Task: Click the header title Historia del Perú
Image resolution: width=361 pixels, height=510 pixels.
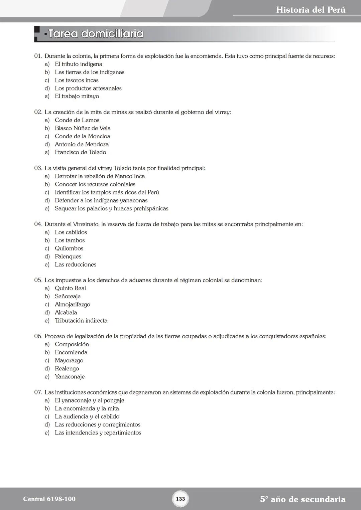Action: [x=311, y=10]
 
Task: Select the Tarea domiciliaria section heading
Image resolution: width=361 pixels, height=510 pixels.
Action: [x=96, y=34]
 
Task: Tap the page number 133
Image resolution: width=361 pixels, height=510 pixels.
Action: [x=180, y=499]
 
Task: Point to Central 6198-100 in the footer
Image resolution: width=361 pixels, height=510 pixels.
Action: [x=49, y=499]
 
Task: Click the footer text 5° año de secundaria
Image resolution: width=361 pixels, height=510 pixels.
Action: [x=303, y=499]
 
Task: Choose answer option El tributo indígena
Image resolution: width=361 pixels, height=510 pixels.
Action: [x=79, y=64]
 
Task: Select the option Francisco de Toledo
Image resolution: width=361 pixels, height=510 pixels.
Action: [x=80, y=152]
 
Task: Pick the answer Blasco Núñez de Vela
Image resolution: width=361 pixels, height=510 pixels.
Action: [x=83, y=128]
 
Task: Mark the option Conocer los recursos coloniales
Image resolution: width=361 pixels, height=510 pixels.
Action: [x=95, y=184]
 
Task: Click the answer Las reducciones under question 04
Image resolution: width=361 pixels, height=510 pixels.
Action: [x=76, y=265]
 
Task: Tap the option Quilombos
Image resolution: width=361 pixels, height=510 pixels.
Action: [x=69, y=248]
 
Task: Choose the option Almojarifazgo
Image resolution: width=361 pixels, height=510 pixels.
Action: [x=73, y=305]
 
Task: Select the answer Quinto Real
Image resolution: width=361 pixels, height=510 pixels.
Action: [x=70, y=288]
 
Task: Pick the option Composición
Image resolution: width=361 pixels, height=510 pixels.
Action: [x=72, y=344]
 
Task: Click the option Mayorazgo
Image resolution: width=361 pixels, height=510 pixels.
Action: [x=69, y=360]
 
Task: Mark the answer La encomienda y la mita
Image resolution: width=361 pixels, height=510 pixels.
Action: [x=87, y=408]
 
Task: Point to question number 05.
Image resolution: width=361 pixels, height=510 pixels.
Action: [x=38, y=280]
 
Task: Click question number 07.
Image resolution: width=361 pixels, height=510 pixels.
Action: [x=38, y=392]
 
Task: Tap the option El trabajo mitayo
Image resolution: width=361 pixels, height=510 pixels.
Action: [x=77, y=96]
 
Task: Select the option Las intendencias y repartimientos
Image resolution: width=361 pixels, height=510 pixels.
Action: [x=98, y=433]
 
